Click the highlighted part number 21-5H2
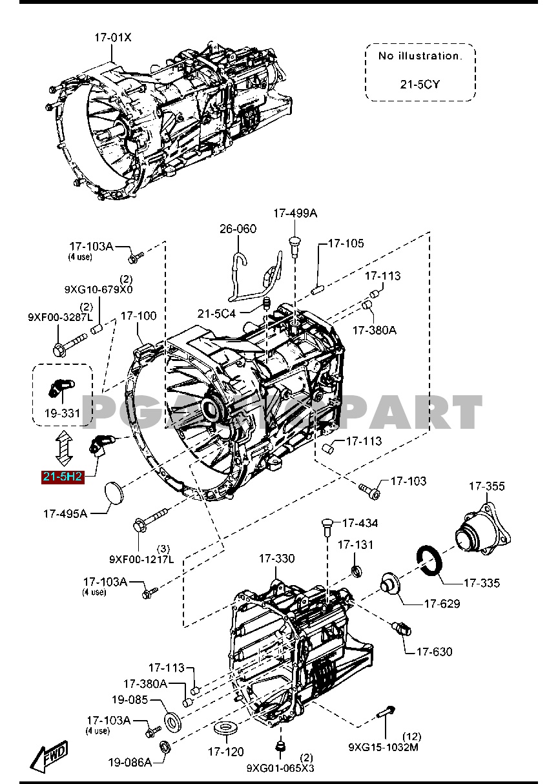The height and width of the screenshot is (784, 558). coord(63,477)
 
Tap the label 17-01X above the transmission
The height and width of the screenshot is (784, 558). coord(113,37)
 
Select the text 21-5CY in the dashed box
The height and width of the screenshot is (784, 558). coord(420,85)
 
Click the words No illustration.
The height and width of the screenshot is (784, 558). coord(420,56)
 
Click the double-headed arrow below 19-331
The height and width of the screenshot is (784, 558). coord(64,449)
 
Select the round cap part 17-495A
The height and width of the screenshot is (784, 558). coord(114,493)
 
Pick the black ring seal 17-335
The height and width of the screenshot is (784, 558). coord(429,561)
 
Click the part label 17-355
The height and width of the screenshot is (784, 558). coord(486,486)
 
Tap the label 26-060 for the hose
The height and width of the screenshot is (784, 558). coord(238,229)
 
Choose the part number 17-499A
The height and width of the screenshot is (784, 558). coord(295,213)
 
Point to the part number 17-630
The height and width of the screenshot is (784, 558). coord(434,652)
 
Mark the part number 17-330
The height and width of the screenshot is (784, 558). coord(276,558)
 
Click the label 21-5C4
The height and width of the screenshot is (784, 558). coord(216,314)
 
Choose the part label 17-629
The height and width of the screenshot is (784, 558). coord(442,604)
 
